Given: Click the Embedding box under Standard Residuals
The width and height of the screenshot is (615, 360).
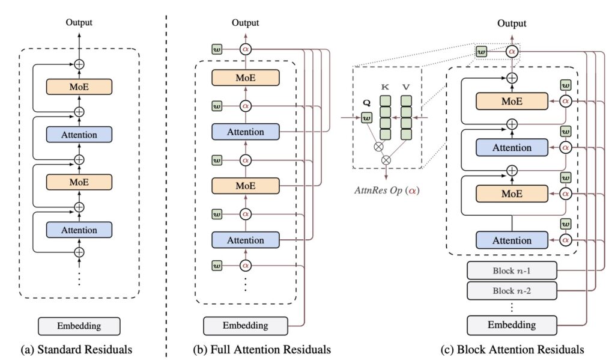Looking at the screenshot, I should coord(79,326).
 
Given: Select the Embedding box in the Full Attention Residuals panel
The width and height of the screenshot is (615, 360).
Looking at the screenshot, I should coord(246,325).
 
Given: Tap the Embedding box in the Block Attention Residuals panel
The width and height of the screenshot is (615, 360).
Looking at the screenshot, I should coord(511,325).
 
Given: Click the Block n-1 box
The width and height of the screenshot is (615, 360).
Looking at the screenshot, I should coord(511,270).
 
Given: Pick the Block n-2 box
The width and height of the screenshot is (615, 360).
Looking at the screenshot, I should coord(511,291).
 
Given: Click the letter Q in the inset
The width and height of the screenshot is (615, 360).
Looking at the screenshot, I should coord(366,103).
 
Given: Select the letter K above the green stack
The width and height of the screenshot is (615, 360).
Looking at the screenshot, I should coord(384,88).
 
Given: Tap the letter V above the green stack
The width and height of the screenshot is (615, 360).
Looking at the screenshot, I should coord(406,88).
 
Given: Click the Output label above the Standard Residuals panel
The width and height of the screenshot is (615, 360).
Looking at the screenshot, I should coord(79,22).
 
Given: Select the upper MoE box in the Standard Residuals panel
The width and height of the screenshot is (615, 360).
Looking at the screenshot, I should coord(79,87).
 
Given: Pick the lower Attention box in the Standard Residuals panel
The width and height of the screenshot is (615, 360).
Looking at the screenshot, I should coord(79,230).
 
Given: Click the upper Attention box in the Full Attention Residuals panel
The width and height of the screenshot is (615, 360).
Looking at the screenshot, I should coord(246,132).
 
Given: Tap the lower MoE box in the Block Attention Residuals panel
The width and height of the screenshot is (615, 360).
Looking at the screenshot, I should coord(511,194).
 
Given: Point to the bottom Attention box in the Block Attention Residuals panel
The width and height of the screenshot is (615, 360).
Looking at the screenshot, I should coord(511,240).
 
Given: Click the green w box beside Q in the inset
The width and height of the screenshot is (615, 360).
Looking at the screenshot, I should coord(366,117).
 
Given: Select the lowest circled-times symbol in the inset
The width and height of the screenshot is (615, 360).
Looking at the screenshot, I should coord(386,160).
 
